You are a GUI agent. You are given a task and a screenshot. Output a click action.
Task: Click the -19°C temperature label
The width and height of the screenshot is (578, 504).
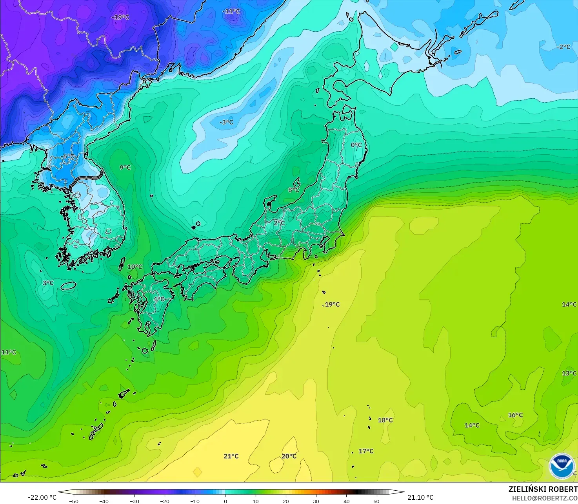[x=120, y=17]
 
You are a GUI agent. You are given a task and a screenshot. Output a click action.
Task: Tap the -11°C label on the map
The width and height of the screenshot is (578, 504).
[x=231, y=11]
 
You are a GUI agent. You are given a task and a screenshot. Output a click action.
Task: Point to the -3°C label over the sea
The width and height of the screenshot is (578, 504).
[x=226, y=122]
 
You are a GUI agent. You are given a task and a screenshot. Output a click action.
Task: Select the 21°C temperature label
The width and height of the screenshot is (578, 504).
[x=231, y=456]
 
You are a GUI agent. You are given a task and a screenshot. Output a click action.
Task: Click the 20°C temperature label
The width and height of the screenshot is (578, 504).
[x=289, y=456]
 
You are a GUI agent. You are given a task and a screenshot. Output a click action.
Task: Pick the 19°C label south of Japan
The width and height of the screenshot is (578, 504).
[x=332, y=305]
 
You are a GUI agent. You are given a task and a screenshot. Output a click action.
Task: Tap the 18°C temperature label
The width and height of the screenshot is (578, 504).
[x=385, y=420]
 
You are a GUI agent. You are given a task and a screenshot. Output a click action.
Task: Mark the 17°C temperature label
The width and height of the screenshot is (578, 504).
[x=366, y=451]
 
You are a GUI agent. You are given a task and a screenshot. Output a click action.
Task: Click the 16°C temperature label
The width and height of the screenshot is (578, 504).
[x=515, y=415]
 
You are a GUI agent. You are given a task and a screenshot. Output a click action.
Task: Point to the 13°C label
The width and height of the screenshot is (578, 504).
[x=569, y=373]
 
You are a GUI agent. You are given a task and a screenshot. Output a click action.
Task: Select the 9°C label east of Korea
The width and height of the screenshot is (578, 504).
[x=125, y=168]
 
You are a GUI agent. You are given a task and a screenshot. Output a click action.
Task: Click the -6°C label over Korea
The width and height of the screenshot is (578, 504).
[x=68, y=156]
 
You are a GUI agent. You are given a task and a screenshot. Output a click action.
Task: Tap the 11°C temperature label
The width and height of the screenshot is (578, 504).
[x=9, y=352]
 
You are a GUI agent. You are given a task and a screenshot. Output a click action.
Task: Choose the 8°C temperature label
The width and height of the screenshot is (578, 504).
[x=294, y=190]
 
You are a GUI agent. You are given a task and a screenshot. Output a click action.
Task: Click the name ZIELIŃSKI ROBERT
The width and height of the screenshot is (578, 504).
[x=543, y=490]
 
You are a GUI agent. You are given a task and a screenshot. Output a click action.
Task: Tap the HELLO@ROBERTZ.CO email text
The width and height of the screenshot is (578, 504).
[x=545, y=498]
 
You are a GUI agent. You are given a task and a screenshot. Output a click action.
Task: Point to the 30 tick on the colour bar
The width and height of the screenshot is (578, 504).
[x=316, y=501]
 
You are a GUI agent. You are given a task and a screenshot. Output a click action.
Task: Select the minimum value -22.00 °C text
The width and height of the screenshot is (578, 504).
[x=42, y=498]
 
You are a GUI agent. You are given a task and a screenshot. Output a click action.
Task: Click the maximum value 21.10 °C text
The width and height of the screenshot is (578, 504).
[x=420, y=497]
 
